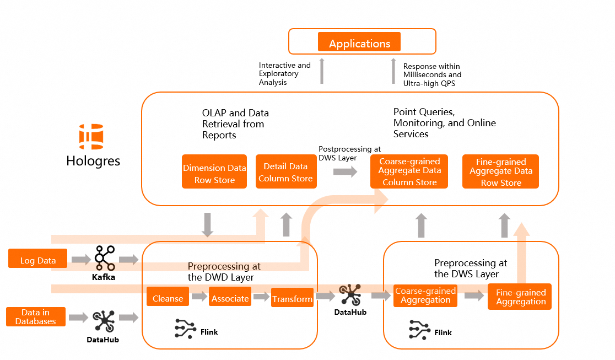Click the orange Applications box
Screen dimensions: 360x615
[359, 43]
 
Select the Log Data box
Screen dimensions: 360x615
[38, 260]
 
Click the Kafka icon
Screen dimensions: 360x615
[104, 257]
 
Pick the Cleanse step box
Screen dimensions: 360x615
[168, 298]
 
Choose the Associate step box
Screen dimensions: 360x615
[230, 298]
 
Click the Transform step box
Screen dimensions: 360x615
[292, 298]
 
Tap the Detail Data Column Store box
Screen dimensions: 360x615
[285, 172]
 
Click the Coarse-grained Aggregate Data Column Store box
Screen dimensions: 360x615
[409, 171]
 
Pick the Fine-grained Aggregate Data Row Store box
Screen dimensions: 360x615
[500, 171]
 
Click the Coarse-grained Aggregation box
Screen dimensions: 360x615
[425, 295]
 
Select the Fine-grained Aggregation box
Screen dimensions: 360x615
[520, 297]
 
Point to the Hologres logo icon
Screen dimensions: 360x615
[91, 137]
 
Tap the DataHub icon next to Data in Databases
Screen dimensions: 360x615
[103, 320]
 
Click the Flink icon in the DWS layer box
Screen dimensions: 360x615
[419, 329]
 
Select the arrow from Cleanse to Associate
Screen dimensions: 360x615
[199, 298]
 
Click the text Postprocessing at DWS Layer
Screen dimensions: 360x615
[349, 153]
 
